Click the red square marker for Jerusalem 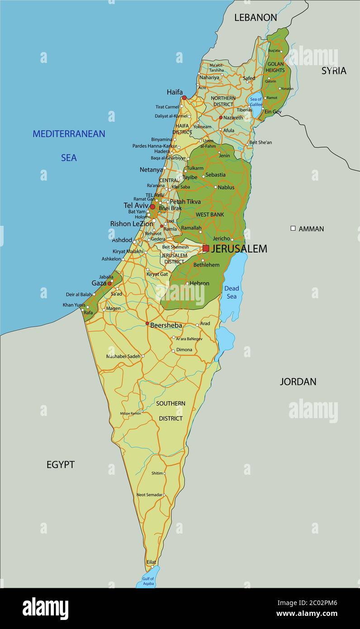(x=206, y=248)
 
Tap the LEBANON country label (x=255, y=18)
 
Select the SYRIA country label (x=334, y=71)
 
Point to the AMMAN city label (x=311, y=229)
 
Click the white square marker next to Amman (x=293, y=229)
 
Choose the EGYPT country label (x=60, y=465)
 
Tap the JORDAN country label (x=298, y=382)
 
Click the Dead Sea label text (x=232, y=292)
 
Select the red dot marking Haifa (x=184, y=97)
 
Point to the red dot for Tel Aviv (x=152, y=207)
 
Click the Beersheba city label (x=166, y=325)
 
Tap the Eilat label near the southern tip (x=151, y=562)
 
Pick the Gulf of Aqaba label (x=148, y=581)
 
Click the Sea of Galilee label (x=256, y=102)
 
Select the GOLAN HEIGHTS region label (x=275, y=67)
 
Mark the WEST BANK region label (x=210, y=214)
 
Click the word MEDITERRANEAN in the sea (x=69, y=134)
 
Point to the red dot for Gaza (x=109, y=283)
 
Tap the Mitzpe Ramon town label (x=130, y=414)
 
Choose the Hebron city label (x=199, y=284)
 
